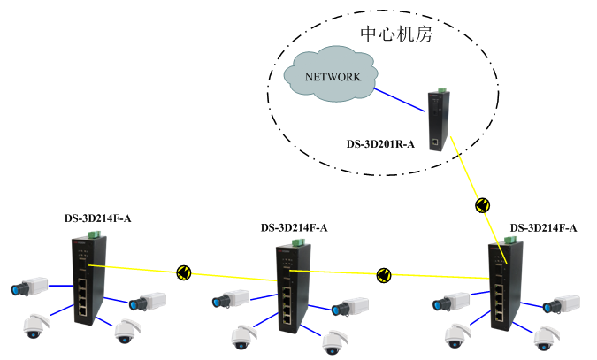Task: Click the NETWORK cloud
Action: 332,78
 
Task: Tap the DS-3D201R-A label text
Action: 380,142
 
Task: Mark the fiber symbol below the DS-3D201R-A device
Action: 482,204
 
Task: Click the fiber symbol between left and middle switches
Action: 184,272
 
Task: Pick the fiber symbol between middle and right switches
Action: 383,275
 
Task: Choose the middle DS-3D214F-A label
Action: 294,227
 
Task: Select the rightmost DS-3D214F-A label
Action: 543,227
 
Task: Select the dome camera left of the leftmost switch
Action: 34,327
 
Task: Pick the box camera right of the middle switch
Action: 347,307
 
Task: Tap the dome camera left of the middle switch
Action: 241,336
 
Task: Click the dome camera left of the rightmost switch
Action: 456,335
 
